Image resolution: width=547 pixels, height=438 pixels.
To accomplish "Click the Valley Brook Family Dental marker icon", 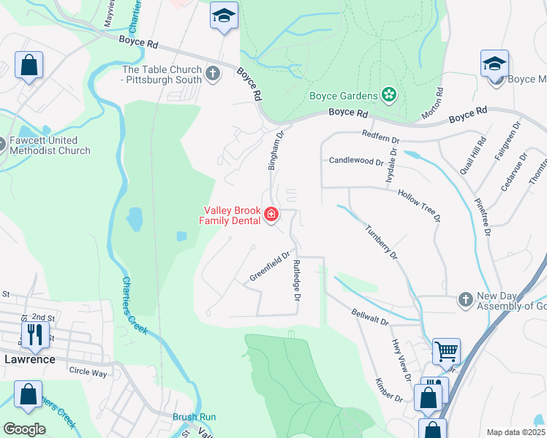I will (271, 214).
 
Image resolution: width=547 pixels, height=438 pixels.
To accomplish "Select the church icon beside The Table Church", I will (213, 74).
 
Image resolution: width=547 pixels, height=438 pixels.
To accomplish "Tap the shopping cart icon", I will (446, 351).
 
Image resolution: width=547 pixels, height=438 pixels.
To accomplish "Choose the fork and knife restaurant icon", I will (35, 334).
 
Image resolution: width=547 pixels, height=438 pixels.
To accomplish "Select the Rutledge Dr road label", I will (297, 280).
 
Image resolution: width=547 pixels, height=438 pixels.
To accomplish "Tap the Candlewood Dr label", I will (356, 161).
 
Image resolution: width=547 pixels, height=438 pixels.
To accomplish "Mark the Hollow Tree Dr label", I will (419, 205).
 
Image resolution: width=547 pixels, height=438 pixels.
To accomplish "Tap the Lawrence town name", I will (30, 359).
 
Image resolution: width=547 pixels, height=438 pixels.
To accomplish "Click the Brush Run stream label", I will (194, 417).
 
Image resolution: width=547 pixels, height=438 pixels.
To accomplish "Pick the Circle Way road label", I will (88, 372).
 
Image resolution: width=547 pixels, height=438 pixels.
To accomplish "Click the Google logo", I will (24, 429).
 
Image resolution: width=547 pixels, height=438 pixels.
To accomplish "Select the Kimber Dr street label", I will (389, 390).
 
